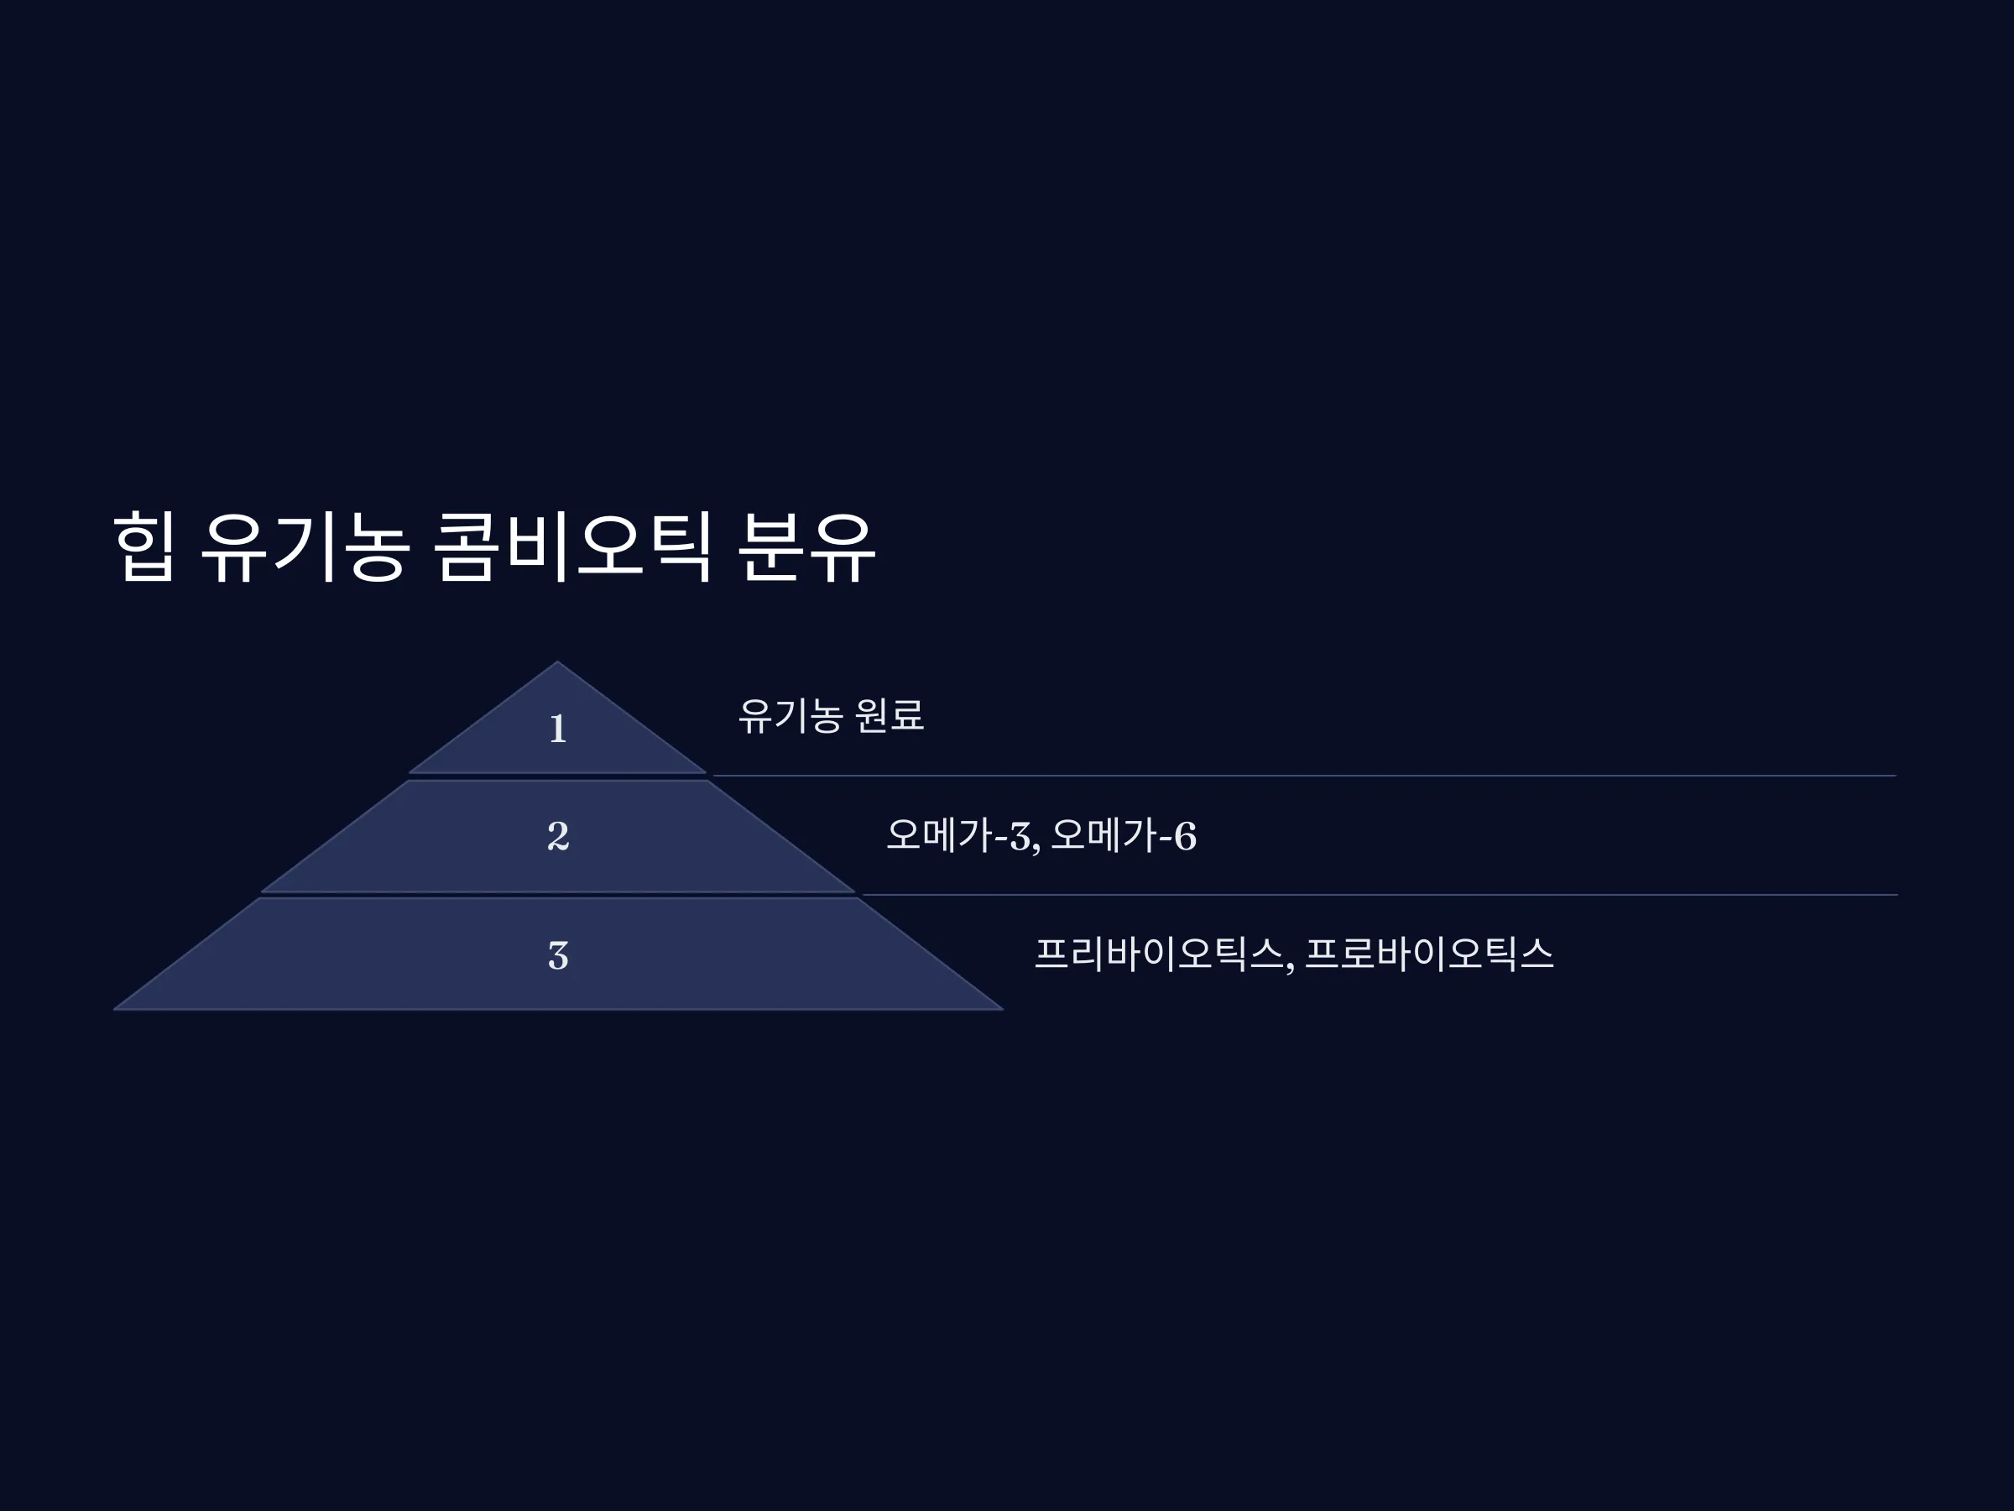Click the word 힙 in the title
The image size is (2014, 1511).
(x=143, y=546)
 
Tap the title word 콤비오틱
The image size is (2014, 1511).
(x=572, y=546)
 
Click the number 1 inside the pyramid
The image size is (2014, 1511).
(x=558, y=729)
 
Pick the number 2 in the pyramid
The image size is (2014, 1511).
(x=558, y=836)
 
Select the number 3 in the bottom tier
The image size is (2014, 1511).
(x=558, y=955)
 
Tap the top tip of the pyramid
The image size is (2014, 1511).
(x=558, y=661)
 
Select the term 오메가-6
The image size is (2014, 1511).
(x=1124, y=835)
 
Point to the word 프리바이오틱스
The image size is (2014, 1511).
(x=1159, y=954)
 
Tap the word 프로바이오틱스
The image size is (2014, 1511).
(x=1429, y=954)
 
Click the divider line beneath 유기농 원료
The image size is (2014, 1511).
(x=1304, y=776)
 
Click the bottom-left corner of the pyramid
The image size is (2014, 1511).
(x=114, y=1009)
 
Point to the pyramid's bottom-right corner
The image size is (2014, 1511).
(x=1003, y=1009)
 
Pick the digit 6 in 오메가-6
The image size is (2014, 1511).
(x=1186, y=836)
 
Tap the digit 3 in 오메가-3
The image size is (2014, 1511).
(x=1020, y=836)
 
